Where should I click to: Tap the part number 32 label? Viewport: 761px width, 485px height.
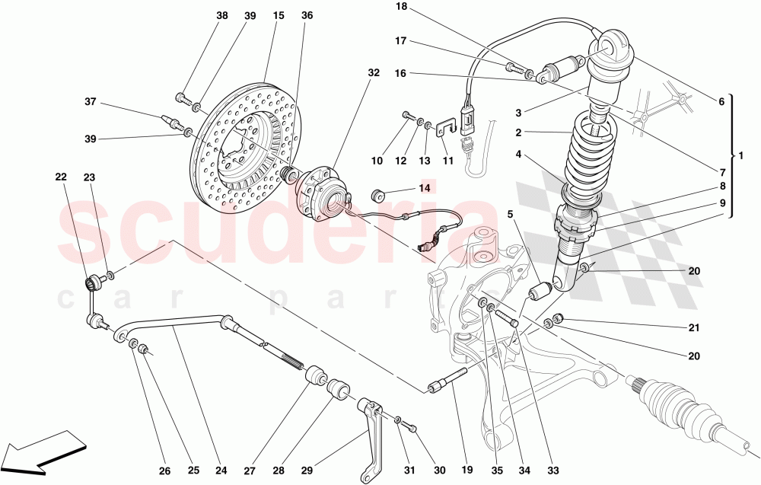pos(373,73)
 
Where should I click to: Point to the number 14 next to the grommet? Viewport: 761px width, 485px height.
pos(424,187)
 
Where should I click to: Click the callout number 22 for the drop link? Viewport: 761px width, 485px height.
pos(61,177)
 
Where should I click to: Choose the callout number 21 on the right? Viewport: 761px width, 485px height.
pos(693,328)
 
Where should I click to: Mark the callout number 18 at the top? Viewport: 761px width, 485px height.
pos(402,6)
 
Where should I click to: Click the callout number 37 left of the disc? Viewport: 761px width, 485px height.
pos(91,102)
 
